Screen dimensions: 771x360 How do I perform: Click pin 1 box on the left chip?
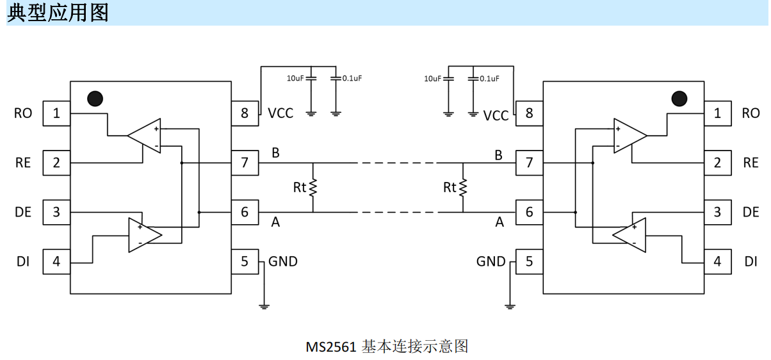coord(56,113)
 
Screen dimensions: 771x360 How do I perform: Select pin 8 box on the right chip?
coord(529,113)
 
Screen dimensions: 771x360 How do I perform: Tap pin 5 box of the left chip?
coord(245,261)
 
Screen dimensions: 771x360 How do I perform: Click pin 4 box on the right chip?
coord(718,261)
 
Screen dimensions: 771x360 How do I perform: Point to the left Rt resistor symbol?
coord(313,188)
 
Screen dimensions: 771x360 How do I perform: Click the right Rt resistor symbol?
coord(463,188)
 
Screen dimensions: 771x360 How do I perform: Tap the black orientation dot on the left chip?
coord(95,99)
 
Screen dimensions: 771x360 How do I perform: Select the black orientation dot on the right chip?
coord(679,99)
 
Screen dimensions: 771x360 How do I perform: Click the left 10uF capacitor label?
coord(295,79)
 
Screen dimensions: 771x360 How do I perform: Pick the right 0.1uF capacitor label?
coord(489,79)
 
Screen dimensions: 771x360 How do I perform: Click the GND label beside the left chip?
coord(283,261)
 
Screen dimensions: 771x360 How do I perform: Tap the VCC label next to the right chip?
coord(496,116)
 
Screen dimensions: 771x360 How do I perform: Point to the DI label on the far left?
coord(23,261)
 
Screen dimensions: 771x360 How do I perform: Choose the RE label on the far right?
coord(751,163)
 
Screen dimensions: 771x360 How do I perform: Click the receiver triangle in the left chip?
coord(144,136)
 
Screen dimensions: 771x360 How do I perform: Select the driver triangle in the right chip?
coord(629,235)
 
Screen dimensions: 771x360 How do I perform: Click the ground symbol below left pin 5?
coord(264,307)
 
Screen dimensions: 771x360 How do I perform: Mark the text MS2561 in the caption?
coord(331,347)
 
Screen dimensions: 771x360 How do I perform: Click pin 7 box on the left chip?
coord(245,163)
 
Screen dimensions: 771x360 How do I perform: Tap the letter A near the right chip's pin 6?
coord(499,222)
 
